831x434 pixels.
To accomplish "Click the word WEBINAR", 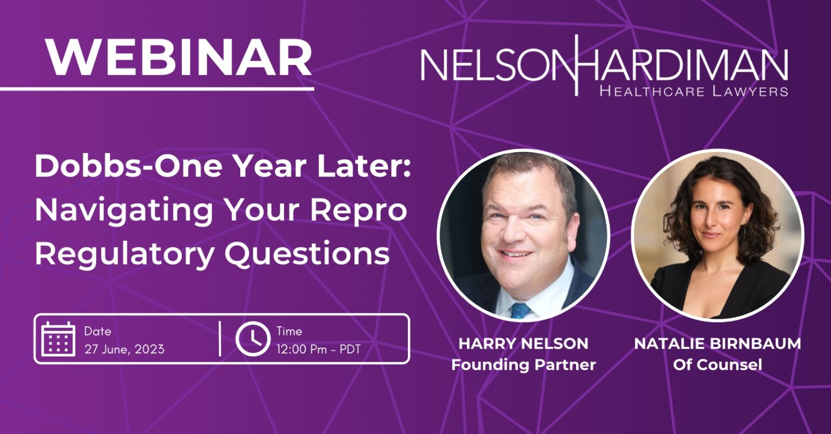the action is coord(179,57).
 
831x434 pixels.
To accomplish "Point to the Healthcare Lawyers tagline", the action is coord(694,91).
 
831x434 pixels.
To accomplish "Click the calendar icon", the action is coord(58,339).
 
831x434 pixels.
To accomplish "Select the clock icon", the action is coord(253,339).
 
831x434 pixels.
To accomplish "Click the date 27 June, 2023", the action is coord(124,350).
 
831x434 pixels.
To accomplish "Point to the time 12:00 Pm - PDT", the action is coord(318,350).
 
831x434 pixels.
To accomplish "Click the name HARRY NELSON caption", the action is coord(524,344).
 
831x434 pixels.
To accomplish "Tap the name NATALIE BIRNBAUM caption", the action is coord(717,344).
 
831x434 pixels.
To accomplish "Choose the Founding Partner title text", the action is coord(524,365).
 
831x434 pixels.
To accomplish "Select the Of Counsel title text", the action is coord(717,365).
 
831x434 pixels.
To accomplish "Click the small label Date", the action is coord(97,331).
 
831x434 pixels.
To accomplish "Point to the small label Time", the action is coord(289,331).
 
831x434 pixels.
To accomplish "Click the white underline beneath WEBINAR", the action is coord(157,89).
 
